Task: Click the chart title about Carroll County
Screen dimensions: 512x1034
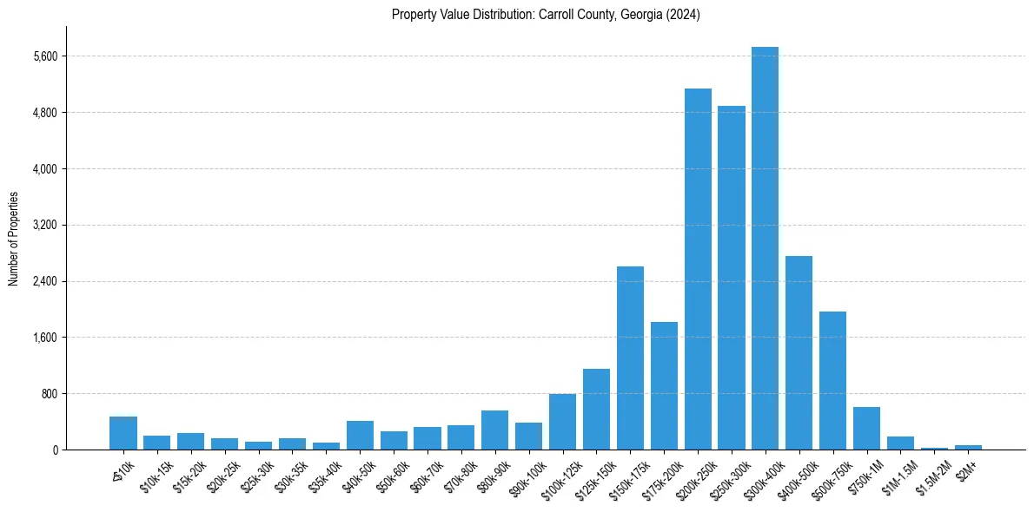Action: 546,15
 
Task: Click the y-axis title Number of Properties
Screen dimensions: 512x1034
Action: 13,239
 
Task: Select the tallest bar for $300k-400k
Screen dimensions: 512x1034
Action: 765,248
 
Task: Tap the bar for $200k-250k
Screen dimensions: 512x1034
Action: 698,269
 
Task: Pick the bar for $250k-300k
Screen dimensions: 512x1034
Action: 732,278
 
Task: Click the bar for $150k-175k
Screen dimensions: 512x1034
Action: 630,358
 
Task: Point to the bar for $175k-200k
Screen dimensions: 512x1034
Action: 664,385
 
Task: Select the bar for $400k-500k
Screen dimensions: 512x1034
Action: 799,352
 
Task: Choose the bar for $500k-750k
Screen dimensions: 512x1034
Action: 832,380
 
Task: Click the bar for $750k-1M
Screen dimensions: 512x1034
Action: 866,428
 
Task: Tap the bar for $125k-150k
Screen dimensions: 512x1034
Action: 596,409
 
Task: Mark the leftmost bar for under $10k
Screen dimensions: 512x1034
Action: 123,433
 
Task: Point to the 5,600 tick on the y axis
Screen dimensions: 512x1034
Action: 44,56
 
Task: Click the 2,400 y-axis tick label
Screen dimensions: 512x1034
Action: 44,281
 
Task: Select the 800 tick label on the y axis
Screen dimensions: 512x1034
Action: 49,394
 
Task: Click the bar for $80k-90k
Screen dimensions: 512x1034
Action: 494,430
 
